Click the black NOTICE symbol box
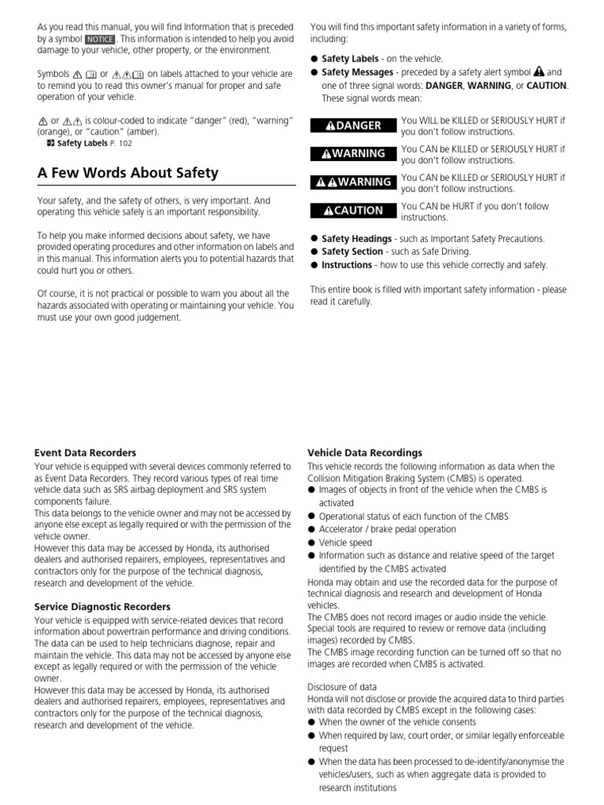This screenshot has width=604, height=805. (x=100, y=39)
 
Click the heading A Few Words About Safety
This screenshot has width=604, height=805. (x=128, y=173)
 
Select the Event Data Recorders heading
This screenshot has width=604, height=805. (x=85, y=453)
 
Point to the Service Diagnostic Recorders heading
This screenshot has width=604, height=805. (x=102, y=606)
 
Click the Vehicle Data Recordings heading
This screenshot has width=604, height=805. (x=364, y=453)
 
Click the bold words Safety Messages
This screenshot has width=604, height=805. (x=357, y=72)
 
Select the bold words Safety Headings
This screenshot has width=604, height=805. (x=356, y=239)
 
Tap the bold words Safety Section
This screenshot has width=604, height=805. (x=352, y=252)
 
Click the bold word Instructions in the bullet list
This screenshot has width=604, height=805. (x=347, y=265)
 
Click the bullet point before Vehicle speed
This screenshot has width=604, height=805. (x=311, y=543)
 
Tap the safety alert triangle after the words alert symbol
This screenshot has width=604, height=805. (x=539, y=72)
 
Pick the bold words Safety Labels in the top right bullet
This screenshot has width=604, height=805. (x=350, y=59)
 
